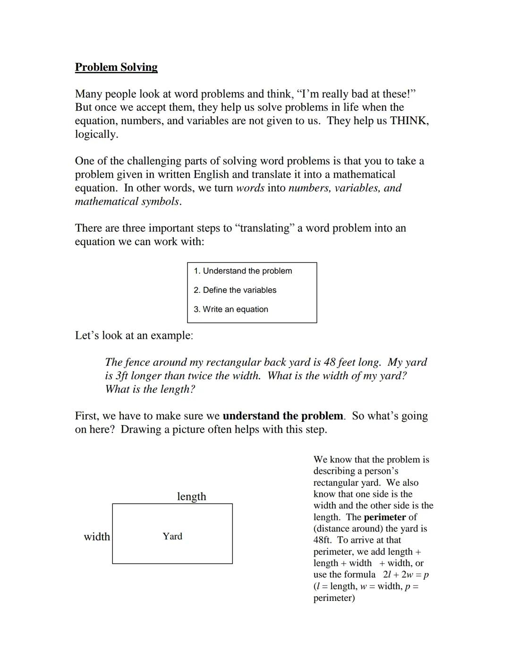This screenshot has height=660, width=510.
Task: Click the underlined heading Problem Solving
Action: pyautogui.click(x=116, y=67)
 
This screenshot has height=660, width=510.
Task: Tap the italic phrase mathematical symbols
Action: pyautogui.click(x=127, y=201)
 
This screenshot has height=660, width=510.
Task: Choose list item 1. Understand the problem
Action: pyautogui.click(x=243, y=271)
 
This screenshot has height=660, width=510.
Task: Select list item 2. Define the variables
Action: pyautogui.click(x=235, y=290)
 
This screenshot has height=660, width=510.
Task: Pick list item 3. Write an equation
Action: pyautogui.click(x=230, y=309)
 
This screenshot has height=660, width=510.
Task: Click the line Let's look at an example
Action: pyautogui.click(x=134, y=335)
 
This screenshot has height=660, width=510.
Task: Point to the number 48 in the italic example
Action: pyautogui.click(x=329, y=362)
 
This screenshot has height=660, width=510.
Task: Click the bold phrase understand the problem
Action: pyautogui.click(x=282, y=416)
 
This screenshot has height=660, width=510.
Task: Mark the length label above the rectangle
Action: pyautogui.click(x=191, y=496)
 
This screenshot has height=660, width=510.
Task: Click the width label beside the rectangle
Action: pyautogui.click(x=97, y=537)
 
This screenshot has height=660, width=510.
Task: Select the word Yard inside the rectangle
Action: pyautogui.click(x=172, y=536)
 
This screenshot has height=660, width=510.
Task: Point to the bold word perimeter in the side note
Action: pyautogui.click(x=384, y=517)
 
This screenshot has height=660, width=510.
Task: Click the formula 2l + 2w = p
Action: pyautogui.click(x=406, y=575)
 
